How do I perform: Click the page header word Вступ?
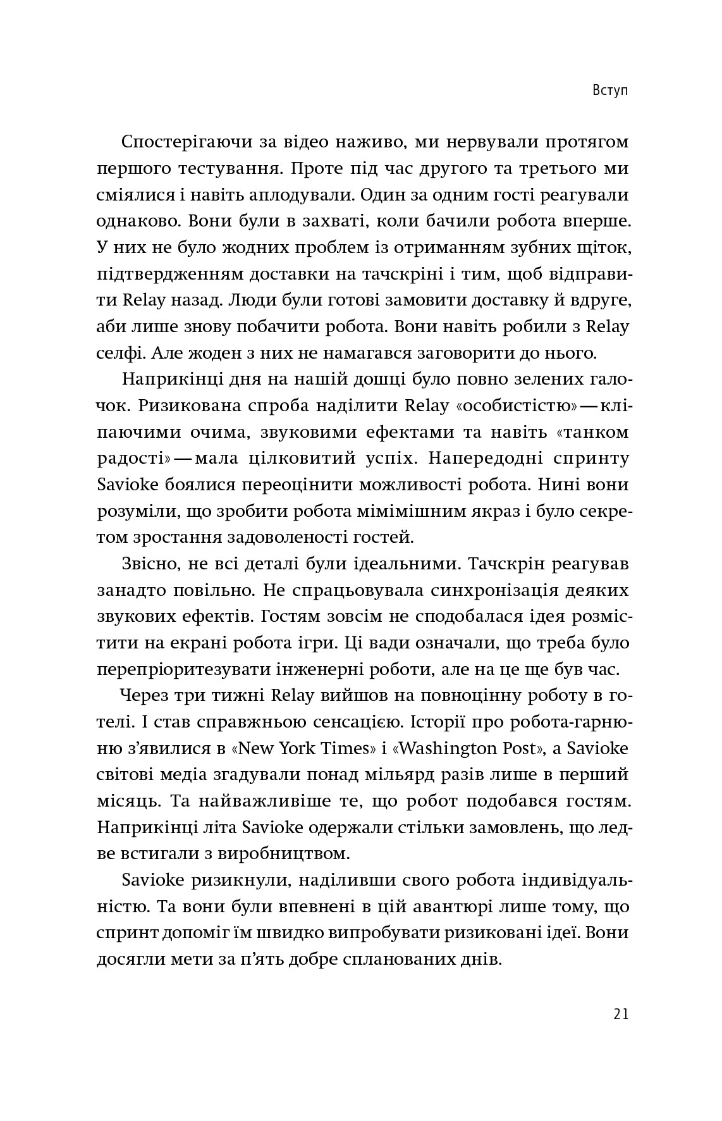[x=610, y=90]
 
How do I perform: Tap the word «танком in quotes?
[x=589, y=433]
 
